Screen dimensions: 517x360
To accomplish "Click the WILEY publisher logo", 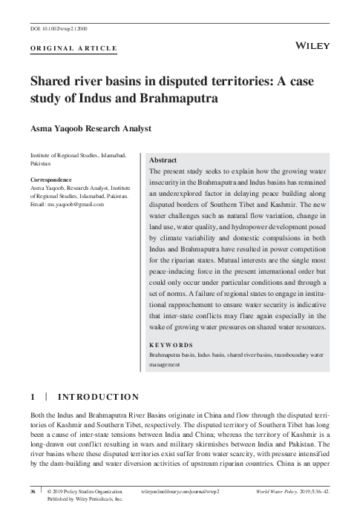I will coord(313,46).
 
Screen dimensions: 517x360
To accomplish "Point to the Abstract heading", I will coord(163,160).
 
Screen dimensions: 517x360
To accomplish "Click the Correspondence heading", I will coord(50,180).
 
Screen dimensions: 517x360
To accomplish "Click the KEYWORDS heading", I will coord(171,346).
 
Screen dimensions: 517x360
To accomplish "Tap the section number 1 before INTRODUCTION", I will coord(33,397).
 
